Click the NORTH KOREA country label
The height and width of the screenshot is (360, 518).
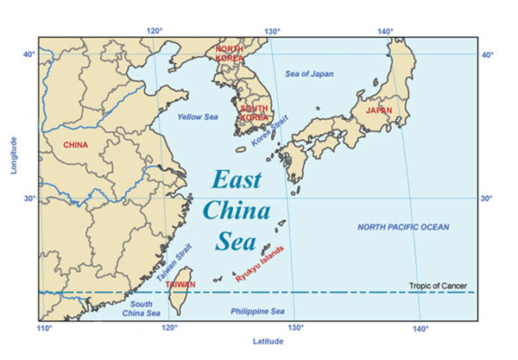[x=230, y=54]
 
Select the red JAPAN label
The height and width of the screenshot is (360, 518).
[x=380, y=111]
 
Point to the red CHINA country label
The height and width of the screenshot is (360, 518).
[x=76, y=145]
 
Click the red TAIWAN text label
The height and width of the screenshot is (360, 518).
[x=180, y=284]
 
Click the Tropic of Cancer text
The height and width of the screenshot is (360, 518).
[x=441, y=285]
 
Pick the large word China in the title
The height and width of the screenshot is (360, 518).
[x=236, y=210]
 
